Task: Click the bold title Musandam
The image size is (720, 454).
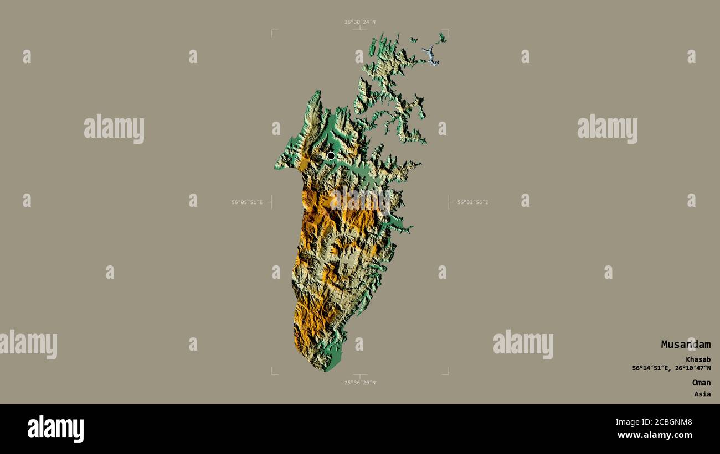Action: click(x=685, y=345)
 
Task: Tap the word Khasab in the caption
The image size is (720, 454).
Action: click(x=698, y=359)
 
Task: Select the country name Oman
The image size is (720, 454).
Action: click(x=701, y=383)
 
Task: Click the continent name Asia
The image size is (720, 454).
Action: click(x=702, y=394)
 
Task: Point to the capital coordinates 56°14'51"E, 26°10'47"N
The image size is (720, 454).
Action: click(x=671, y=368)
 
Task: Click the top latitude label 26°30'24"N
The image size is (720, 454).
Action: click(x=359, y=22)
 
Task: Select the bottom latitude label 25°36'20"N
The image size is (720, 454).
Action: click(x=359, y=383)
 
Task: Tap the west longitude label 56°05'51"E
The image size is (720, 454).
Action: click(x=247, y=202)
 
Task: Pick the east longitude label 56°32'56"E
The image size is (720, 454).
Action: click(x=472, y=202)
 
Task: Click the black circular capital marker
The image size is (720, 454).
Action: click(x=331, y=156)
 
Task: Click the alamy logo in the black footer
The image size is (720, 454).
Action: click(x=55, y=429)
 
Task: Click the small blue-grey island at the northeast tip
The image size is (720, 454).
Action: click(x=431, y=55)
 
